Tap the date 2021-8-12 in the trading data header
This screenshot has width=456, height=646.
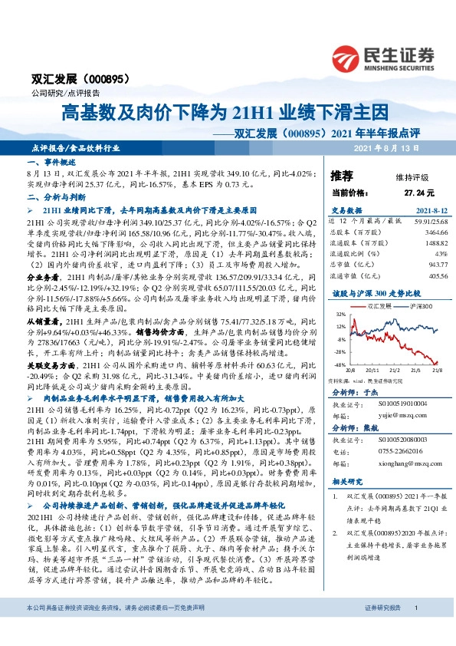pyautogui.click(x=431, y=211)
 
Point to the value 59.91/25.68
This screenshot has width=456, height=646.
pyautogui.click(x=431, y=221)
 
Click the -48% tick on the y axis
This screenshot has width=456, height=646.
pyautogui.click(x=339, y=364)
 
